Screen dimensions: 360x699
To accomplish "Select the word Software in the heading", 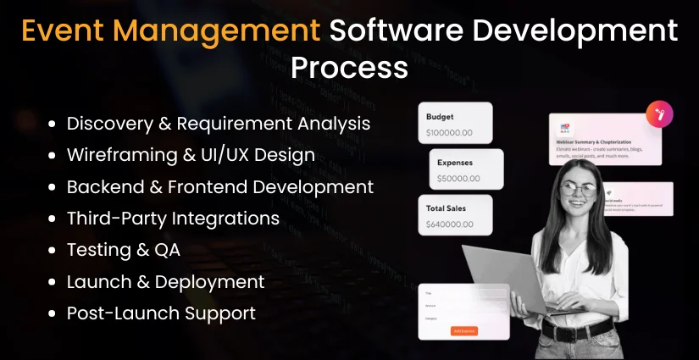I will point(397,30).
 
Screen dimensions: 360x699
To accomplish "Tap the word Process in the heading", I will point(349,66).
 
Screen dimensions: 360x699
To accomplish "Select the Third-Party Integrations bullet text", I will point(173,219).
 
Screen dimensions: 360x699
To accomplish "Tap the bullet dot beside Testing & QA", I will point(52,251).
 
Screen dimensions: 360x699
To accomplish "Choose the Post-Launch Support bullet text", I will point(161,313).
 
